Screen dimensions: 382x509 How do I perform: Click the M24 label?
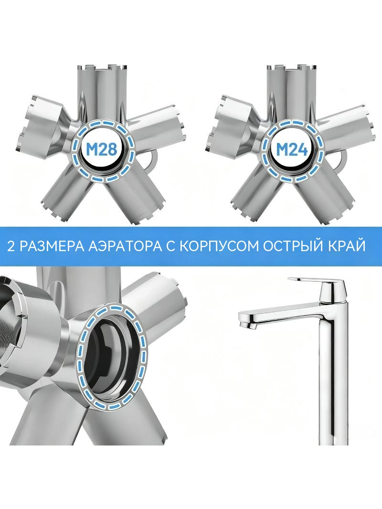[x=291, y=149]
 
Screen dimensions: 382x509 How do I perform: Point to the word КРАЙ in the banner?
[x=346, y=246]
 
